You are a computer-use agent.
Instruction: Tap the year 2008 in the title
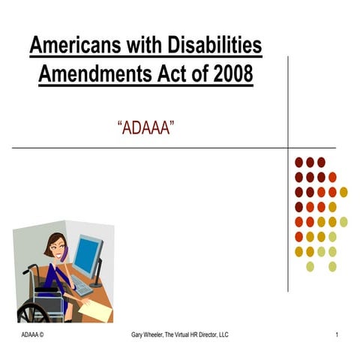[x=227, y=75]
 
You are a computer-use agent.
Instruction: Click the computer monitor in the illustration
[x=87, y=257]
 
